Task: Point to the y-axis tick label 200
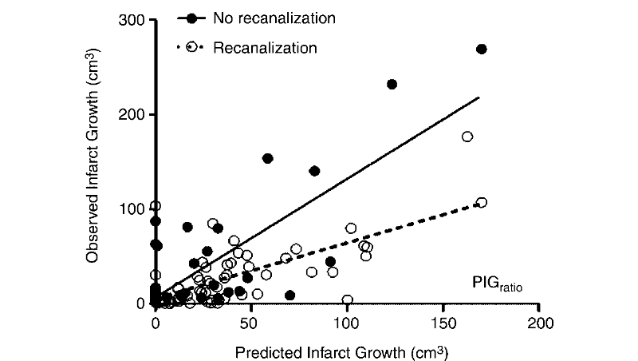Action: click(133, 114)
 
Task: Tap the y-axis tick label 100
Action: click(133, 209)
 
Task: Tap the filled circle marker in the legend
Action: click(191, 18)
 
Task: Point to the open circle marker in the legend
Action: click(191, 47)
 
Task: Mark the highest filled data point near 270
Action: click(481, 50)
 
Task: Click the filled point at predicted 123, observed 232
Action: click(392, 85)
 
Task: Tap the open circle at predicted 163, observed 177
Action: click(467, 137)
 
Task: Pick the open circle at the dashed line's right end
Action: click(481, 203)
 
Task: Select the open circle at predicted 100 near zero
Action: click(348, 300)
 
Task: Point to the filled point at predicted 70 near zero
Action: click(289, 296)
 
